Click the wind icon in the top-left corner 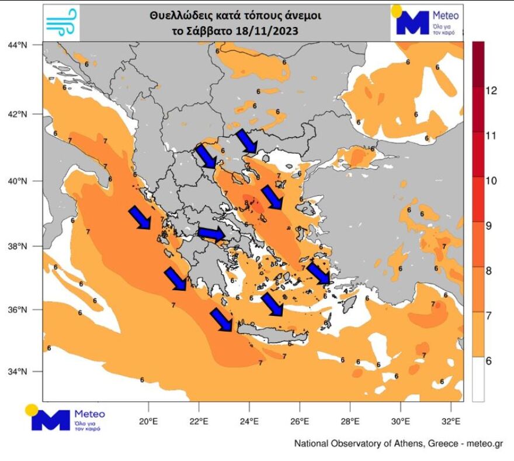click(61, 23)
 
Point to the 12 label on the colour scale click(491, 91)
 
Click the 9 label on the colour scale click(491, 225)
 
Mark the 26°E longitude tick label click(300, 421)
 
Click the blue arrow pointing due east click(211, 234)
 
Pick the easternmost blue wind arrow click(319, 274)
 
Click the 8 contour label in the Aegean click(247, 203)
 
